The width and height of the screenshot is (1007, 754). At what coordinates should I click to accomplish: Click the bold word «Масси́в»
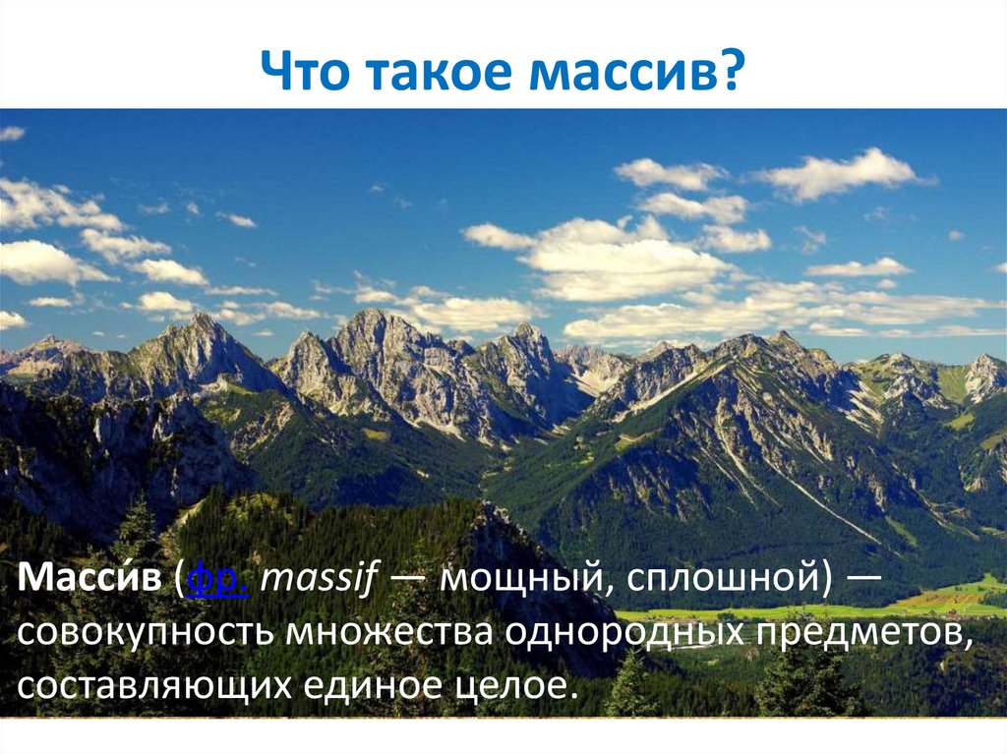coord(89,576)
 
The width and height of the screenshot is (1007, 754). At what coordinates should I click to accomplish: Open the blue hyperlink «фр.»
coord(217,578)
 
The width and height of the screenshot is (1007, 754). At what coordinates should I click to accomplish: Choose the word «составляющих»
coord(154,686)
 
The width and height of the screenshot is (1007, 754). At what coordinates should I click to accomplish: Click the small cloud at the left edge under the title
coord(11,133)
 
